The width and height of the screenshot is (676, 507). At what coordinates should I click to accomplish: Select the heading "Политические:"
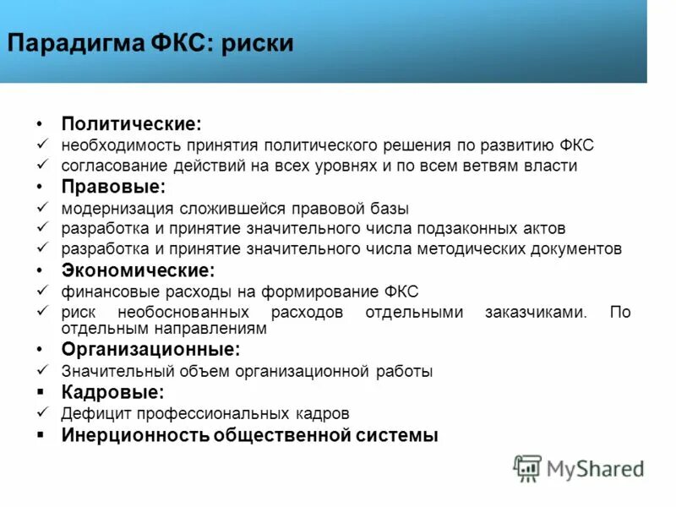(131, 124)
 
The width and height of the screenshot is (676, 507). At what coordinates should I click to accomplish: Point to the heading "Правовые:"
(113, 187)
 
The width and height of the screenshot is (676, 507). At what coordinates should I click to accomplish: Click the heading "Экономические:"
(138, 270)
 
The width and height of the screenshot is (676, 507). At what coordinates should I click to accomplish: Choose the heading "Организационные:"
(150, 349)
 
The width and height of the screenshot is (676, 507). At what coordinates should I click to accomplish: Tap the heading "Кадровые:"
(112, 392)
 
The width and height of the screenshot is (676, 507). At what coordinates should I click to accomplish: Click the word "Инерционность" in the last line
(134, 436)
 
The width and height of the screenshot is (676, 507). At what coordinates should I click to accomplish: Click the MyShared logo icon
(527, 467)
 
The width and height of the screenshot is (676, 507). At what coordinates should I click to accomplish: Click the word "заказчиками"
(535, 313)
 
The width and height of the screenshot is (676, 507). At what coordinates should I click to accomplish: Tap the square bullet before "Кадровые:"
(41, 393)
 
